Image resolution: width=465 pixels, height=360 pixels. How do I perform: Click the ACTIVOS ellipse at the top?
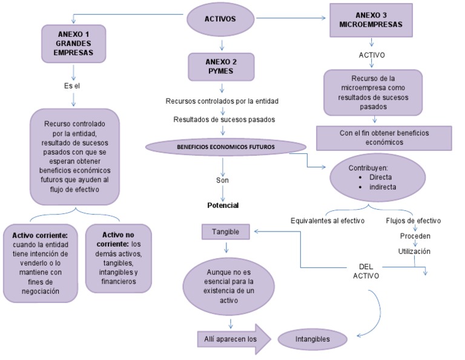(x=220, y=19)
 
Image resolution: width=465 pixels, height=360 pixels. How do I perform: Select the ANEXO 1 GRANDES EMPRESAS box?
(x=73, y=42)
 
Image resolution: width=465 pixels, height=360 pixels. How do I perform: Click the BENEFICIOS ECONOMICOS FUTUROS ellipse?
(x=225, y=147)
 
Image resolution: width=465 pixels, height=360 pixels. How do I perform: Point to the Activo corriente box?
(x=41, y=262)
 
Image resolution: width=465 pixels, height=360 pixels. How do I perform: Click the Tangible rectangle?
(x=225, y=232)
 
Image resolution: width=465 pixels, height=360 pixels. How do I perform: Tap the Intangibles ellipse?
(x=313, y=339)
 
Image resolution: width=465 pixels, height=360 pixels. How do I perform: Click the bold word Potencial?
(x=223, y=205)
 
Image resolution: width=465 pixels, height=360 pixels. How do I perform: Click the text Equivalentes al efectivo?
(x=328, y=221)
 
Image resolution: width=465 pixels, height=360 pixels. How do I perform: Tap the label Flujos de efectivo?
(x=414, y=221)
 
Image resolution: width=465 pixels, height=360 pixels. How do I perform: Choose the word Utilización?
(x=414, y=250)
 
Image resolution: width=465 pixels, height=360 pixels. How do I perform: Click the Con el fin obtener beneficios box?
(x=384, y=138)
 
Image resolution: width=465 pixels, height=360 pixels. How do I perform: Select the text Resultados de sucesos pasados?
(x=224, y=119)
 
